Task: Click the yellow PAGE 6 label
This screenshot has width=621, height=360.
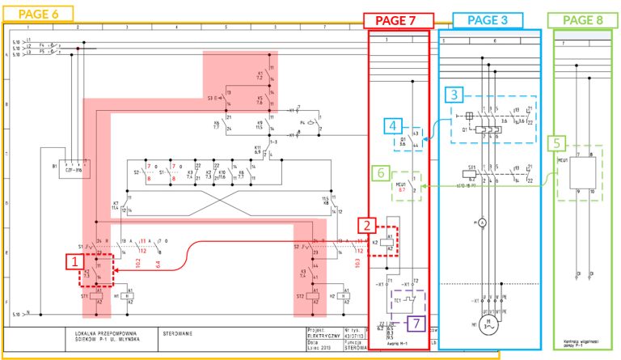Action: coord(38,14)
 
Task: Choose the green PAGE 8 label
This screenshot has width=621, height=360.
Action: coord(583,21)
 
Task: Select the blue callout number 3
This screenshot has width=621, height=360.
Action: coord(455,95)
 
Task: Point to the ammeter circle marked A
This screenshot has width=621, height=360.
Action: coord(483,222)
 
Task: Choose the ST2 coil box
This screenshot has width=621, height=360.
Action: coord(312,296)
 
